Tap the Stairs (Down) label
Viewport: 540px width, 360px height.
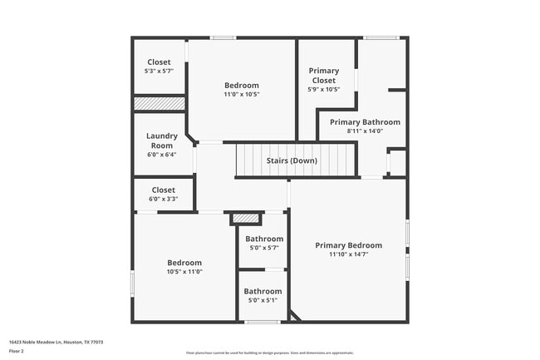point(291,160)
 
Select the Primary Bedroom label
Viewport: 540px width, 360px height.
point(348,245)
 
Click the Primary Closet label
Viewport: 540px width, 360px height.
point(323,76)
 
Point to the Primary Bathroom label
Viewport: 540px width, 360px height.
point(365,122)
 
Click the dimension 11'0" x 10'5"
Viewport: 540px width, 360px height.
point(242,95)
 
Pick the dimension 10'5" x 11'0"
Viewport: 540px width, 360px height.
point(184,271)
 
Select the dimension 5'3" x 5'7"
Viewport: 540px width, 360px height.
point(159,72)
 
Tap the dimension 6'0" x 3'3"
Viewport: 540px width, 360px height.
point(163,199)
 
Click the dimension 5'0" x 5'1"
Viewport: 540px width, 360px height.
point(263,300)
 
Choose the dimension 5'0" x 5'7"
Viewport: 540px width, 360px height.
point(263,248)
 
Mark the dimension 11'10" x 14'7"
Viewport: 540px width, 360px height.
point(348,255)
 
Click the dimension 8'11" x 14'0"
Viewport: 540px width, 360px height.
point(365,131)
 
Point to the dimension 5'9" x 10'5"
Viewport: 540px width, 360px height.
point(323,90)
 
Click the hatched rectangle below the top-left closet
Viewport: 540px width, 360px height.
point(160,103)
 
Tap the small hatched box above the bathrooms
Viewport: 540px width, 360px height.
point(245,218)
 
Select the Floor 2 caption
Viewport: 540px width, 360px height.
point(17,350)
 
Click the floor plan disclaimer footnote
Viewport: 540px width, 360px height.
point(269,353)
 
